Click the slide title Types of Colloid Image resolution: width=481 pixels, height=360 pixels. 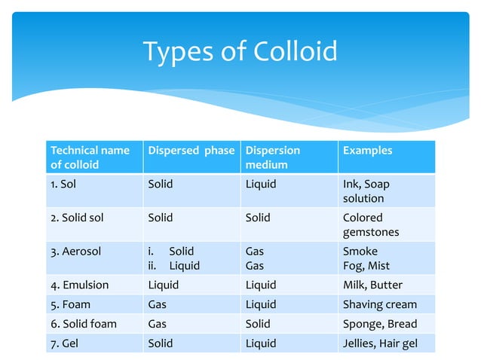[240, 52]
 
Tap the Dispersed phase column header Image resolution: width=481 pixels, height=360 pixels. [191, 151]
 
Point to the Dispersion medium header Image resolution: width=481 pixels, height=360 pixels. [273, 157]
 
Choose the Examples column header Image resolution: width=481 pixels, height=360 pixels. [367, 151]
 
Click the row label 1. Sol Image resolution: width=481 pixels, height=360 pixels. [66, 184]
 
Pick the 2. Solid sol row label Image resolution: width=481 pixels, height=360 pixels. [77, 218]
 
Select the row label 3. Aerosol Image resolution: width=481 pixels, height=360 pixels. [75, 251]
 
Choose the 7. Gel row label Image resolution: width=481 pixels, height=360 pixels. [66, 343]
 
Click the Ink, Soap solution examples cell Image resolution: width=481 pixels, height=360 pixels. [366, 191]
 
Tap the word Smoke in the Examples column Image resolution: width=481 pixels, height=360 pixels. [360, 251]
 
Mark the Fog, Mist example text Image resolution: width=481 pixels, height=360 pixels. [366, 266]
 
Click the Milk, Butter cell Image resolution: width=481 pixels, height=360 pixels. [372, 285]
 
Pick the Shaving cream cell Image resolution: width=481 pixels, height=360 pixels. [379, 304]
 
